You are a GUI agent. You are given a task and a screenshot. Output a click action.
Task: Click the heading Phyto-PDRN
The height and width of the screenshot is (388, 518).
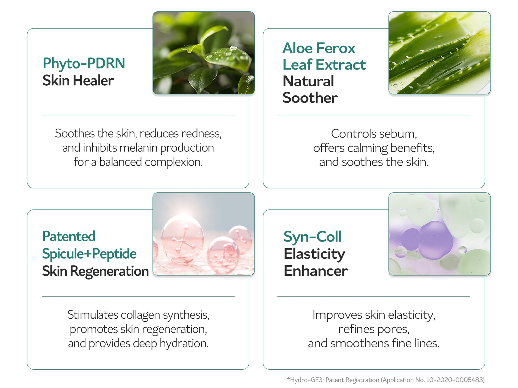[x=84, y=64]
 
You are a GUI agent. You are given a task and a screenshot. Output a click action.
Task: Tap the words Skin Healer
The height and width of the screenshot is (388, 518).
[x=78, y=81]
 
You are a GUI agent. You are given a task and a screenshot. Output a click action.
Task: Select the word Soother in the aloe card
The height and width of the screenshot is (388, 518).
[x=310, y=98]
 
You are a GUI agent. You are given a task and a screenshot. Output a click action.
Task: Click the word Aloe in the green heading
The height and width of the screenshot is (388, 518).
[x=298, y=48]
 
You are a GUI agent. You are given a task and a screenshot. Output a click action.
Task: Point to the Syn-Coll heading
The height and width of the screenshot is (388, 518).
[x=313, y=237]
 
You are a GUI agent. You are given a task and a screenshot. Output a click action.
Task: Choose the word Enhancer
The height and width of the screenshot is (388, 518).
[x=316, y=271]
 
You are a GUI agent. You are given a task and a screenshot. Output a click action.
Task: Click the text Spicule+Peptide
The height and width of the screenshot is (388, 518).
[x=89, y=254]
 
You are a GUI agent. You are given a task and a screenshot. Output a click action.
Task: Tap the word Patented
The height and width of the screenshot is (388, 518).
[x=69, y=236]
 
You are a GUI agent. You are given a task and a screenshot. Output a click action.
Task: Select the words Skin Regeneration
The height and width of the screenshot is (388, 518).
[x=95, y=271]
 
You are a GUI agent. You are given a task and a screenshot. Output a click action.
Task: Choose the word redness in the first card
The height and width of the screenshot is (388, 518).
[x=201, y=133]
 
